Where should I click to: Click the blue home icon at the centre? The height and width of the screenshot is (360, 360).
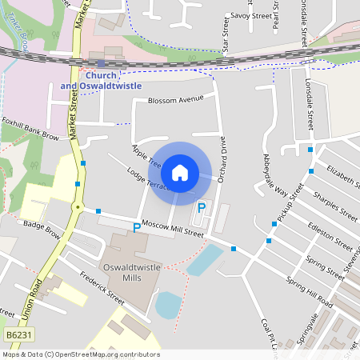click(x=180, y=173)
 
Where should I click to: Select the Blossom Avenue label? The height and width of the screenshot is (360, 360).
click(x=176, y=101)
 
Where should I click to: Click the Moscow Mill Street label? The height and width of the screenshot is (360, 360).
click(x=173, y=229)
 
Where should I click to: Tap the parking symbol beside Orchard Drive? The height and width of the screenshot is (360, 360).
click(x=202, y=207)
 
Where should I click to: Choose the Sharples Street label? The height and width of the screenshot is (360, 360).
click(x=335, y=205)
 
